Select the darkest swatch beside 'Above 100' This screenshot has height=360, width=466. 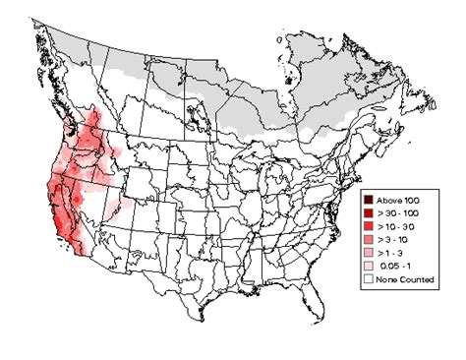(x=367, y=200)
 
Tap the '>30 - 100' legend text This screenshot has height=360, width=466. (x=396, y=213)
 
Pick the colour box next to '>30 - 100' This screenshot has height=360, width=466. (x=367, y=213)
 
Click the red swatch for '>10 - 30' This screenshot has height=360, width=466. (x=367, y=227)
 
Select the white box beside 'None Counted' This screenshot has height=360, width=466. (x=367, y=280)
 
